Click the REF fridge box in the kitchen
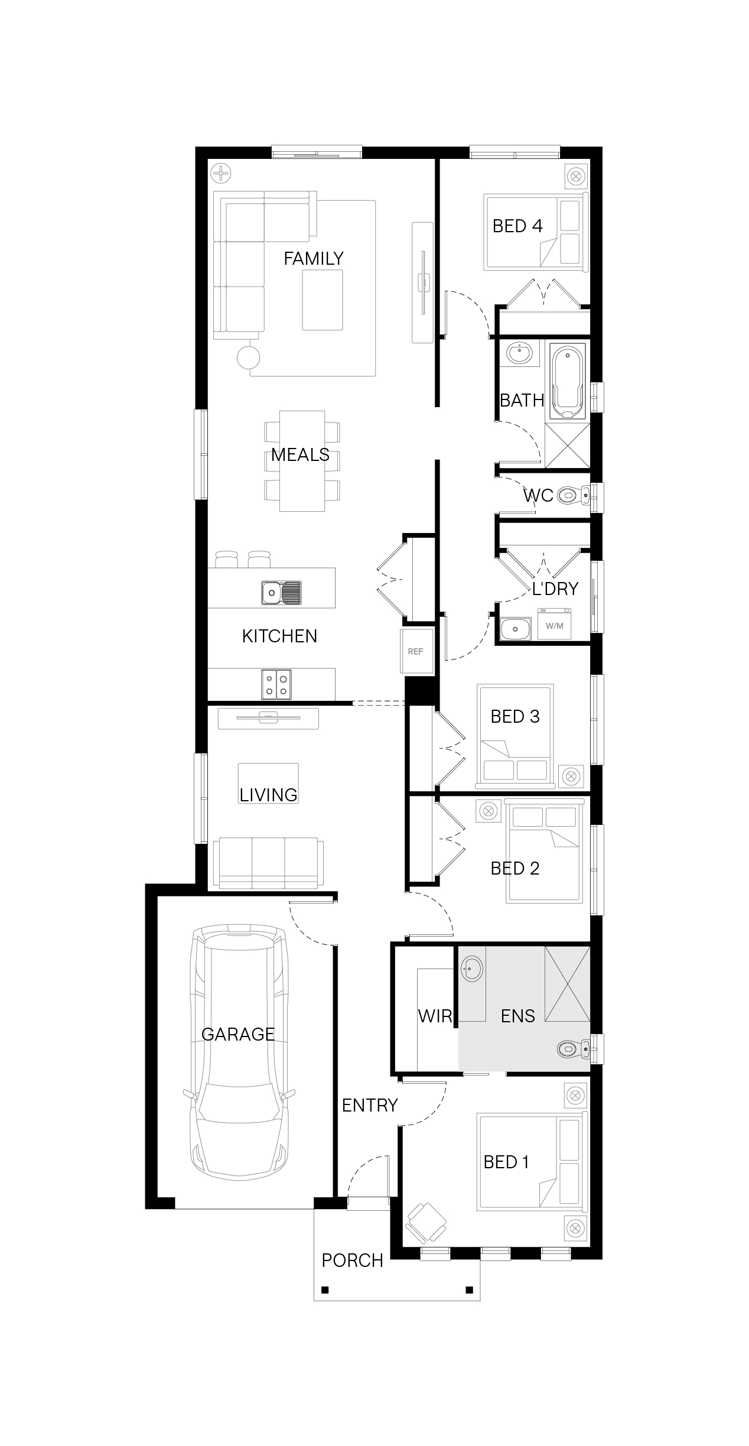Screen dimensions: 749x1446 pyautogui.click(x=416, y=651)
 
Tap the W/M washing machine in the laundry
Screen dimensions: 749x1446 pyautogui.click(x=554, y=625)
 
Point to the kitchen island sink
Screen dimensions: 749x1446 pyautogui.click(x=281, y=592)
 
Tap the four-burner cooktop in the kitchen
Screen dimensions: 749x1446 pyautogui.click(x=276, y=684)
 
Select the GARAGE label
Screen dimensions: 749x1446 pyautogui.click(x=238, y=1034)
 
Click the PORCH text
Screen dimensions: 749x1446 pyautogui.click(x=353, y=1260)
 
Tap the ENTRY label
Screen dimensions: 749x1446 pyautogui.click(x=370, y=1105)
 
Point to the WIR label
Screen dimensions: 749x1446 pyautogui.click(x=435, y=1016)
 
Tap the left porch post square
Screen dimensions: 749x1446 pyautogui.click(x=325, y=1289)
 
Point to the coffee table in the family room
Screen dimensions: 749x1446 pyautogui.click(x=323, y=300)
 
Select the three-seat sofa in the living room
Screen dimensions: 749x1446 pyautogui.click(x=268, y=863)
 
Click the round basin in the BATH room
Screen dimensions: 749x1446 pyautogui.click(x=519, y=353)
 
